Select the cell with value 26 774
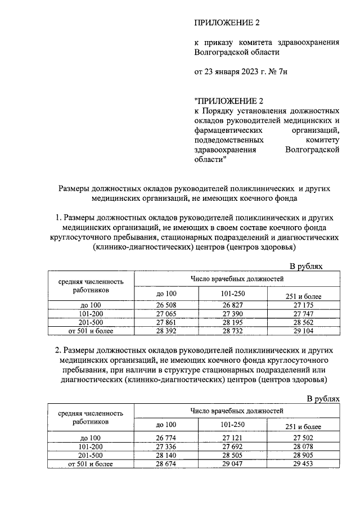pos(166,437)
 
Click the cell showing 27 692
pos(233,446)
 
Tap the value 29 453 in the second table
pos(304,464)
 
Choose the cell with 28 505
pos(233,455)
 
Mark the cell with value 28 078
pos(304,446)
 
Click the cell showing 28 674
pos(166,464)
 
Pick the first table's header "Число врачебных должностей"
pos(237,279)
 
